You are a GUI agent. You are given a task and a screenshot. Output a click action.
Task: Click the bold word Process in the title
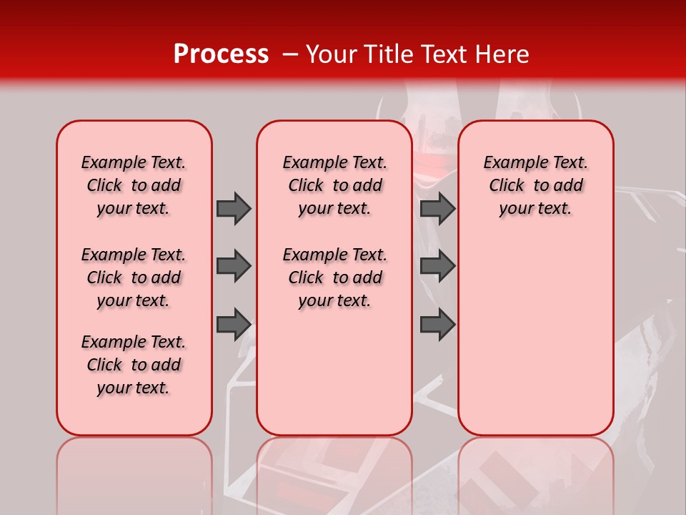(221, 54)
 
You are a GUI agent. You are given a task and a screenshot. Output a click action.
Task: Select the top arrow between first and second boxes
(234, 208)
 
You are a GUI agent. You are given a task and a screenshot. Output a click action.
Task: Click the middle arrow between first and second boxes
(234, 267)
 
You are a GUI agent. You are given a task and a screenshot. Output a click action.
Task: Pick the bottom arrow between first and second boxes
(234, 325)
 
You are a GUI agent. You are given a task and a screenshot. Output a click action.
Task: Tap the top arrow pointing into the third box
(437, 208)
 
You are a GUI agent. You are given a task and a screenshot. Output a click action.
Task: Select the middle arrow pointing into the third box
(437, 267)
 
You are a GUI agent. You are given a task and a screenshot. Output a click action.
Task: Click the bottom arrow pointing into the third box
(437, 325)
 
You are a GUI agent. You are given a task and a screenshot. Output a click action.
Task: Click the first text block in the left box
(134, 185)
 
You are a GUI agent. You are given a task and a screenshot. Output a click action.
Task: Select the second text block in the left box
(134, 278)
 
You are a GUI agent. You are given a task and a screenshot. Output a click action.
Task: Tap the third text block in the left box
(134, 365)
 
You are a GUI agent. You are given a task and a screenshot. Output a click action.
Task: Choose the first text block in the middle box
(335, 185)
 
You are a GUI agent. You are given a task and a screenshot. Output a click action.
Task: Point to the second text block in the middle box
(335, 278)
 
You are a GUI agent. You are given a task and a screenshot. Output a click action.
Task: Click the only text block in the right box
(536, 185)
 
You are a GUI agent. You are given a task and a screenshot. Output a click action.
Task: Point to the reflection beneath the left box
(134, 472)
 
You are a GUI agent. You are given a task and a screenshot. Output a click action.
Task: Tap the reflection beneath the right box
(536, 472)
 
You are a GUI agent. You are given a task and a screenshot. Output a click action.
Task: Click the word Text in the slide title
(447, 54)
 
